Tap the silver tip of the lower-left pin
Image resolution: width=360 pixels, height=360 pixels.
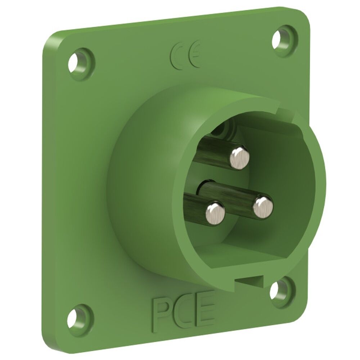215,212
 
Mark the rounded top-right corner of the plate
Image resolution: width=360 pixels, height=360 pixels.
302,14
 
